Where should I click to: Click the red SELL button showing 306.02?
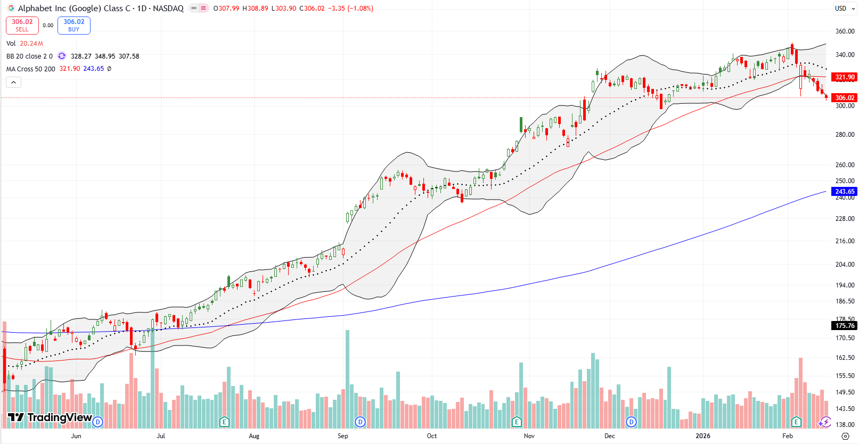(x=22, y=25)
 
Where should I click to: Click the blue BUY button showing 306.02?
(x=73, y=25)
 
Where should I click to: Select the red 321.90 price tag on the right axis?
(x=844, y=77)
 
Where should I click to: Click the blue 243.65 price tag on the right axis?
(x=844, y=192)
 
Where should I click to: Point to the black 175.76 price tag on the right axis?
(x=844, y=325)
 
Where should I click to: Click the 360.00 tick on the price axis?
(x=845, y=31)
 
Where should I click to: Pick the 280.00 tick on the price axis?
(x=845, y=135)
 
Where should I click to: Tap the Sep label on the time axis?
(x=343, y=435)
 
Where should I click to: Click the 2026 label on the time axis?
(x=703, y=435)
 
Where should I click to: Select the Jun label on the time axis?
(x=76, y=435)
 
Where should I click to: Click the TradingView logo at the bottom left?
(x=50, y=417)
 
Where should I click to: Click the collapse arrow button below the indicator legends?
(x=13, y=82)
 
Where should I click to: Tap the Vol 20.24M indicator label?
(x=24, y=44)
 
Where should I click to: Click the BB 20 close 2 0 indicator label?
(x=29, y=56)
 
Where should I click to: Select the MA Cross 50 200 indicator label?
(x=30, y=69)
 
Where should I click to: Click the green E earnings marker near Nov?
(x=516, y=422)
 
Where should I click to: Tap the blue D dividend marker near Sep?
(x=361, y=422)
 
